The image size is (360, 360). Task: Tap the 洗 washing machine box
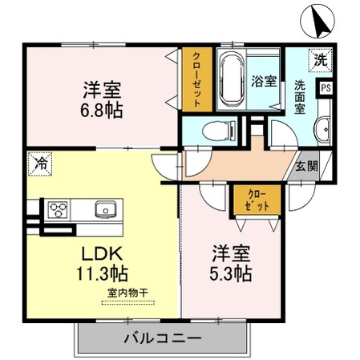321,59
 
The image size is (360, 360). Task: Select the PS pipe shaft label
326,88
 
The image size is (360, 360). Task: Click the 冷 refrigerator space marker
39,163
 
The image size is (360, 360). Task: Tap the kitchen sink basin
106,210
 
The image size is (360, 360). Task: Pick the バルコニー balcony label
163,338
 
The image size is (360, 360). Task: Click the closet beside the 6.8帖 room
197,80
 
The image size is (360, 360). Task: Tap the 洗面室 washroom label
301,96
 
